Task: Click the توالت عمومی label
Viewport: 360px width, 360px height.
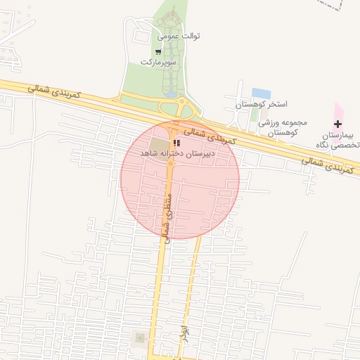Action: (x=179, y=35)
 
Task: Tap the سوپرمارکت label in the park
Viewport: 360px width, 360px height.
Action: (x=157, y=62)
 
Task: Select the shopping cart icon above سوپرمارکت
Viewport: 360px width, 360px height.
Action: (x=158, y=51)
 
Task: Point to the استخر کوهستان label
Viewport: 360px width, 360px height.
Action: (x=261, y=104)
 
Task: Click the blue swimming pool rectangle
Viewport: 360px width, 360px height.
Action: (x=262, y=94)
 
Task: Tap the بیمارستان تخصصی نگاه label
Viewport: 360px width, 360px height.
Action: (x=337, y=139)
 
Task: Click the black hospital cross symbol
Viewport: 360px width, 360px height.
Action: (x=337, y=124)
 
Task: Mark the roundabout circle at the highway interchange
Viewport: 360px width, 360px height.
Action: (x=186, y=109)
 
